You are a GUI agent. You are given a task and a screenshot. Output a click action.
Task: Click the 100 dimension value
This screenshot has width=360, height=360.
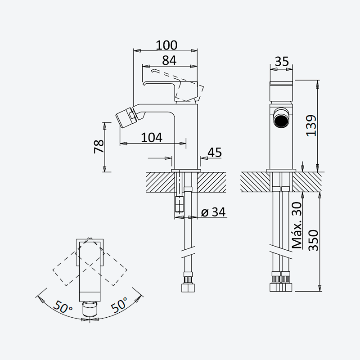point(166,45)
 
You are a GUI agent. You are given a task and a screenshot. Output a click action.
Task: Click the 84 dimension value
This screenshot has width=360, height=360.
point(169,61)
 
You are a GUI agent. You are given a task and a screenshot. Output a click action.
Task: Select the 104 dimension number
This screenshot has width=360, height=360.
point(152,138)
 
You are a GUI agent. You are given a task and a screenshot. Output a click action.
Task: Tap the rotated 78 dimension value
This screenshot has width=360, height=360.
point(99,147)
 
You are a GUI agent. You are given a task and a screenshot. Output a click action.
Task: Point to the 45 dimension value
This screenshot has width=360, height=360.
point(215,153)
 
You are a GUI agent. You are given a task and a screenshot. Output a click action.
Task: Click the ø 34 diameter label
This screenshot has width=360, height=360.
point(213,212)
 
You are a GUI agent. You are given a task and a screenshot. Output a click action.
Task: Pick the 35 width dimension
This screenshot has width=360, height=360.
point(282,62)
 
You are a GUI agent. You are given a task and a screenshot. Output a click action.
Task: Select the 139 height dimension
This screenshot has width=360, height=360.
point(311,126)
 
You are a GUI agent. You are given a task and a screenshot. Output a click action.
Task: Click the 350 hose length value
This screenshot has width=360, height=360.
point(313,240)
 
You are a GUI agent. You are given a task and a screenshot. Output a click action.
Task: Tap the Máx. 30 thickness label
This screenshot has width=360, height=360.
point(297,225)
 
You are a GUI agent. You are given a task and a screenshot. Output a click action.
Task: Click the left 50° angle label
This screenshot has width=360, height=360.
point(63,306)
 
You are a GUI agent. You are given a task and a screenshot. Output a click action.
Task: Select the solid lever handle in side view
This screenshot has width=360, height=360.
point(171,91)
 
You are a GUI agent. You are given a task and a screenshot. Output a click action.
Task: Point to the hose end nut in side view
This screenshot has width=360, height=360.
point(188,288)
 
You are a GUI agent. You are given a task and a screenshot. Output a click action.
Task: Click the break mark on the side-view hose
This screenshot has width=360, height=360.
point(188,252)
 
